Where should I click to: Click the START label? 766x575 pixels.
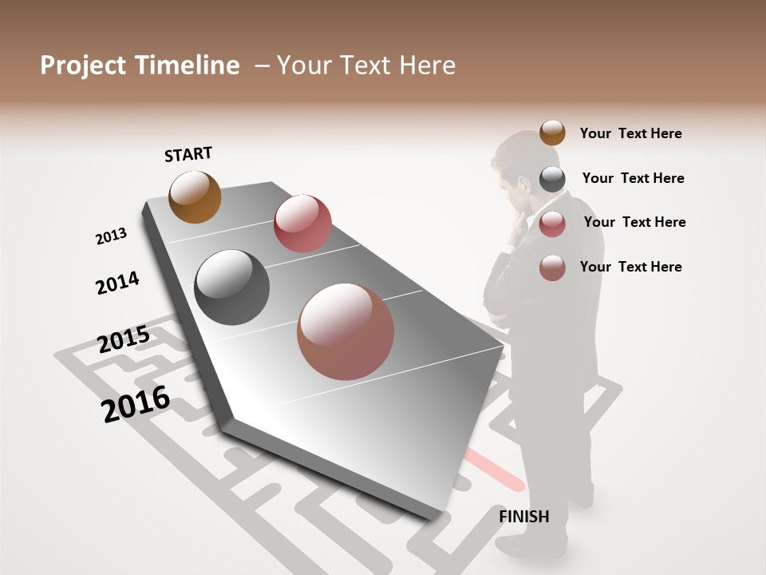tap(188, 154)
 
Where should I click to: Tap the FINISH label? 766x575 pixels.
tap(523, 517)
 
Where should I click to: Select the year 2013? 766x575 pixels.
tap(111, 236)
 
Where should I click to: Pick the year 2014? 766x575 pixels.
tap(117, 284)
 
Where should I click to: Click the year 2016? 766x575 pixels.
tap(136, 404)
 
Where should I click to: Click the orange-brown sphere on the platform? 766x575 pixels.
tap(195, 196)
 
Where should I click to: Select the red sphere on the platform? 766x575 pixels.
tap(302, 224)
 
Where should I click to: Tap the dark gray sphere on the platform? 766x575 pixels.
tap(232, 287)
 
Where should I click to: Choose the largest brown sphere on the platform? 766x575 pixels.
tap(345, 331)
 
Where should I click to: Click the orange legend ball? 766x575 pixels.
tap(552, 133)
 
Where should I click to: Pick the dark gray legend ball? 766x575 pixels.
tap(552, 179)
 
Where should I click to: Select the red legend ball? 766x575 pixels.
tap(552, 224)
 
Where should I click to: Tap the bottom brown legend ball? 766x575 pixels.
tap(552, 268)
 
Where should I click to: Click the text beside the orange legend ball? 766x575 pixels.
tap(630, 133)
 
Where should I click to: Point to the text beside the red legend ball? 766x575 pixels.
tap(634, 222)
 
